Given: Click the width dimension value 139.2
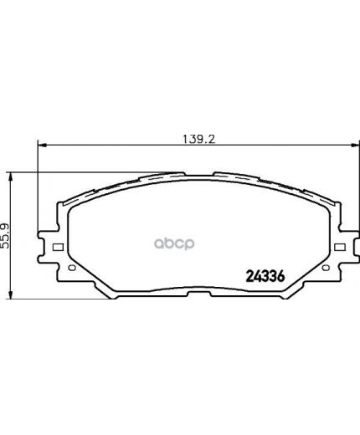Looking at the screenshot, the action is click(199, 139).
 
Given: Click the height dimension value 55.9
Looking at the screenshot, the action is click(5, 236).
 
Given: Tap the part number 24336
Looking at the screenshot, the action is click(265, 276).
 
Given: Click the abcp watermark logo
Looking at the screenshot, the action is click(174, 244).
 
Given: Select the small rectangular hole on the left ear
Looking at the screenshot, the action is click(58, 247).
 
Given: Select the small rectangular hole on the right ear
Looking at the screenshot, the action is click(340, 247).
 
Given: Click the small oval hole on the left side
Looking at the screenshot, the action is click(72, 268).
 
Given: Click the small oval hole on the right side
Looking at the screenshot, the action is click(326, 268).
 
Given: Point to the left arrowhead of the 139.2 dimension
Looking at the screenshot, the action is click(41, 145).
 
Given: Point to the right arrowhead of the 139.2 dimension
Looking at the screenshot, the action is click(355, 145).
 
